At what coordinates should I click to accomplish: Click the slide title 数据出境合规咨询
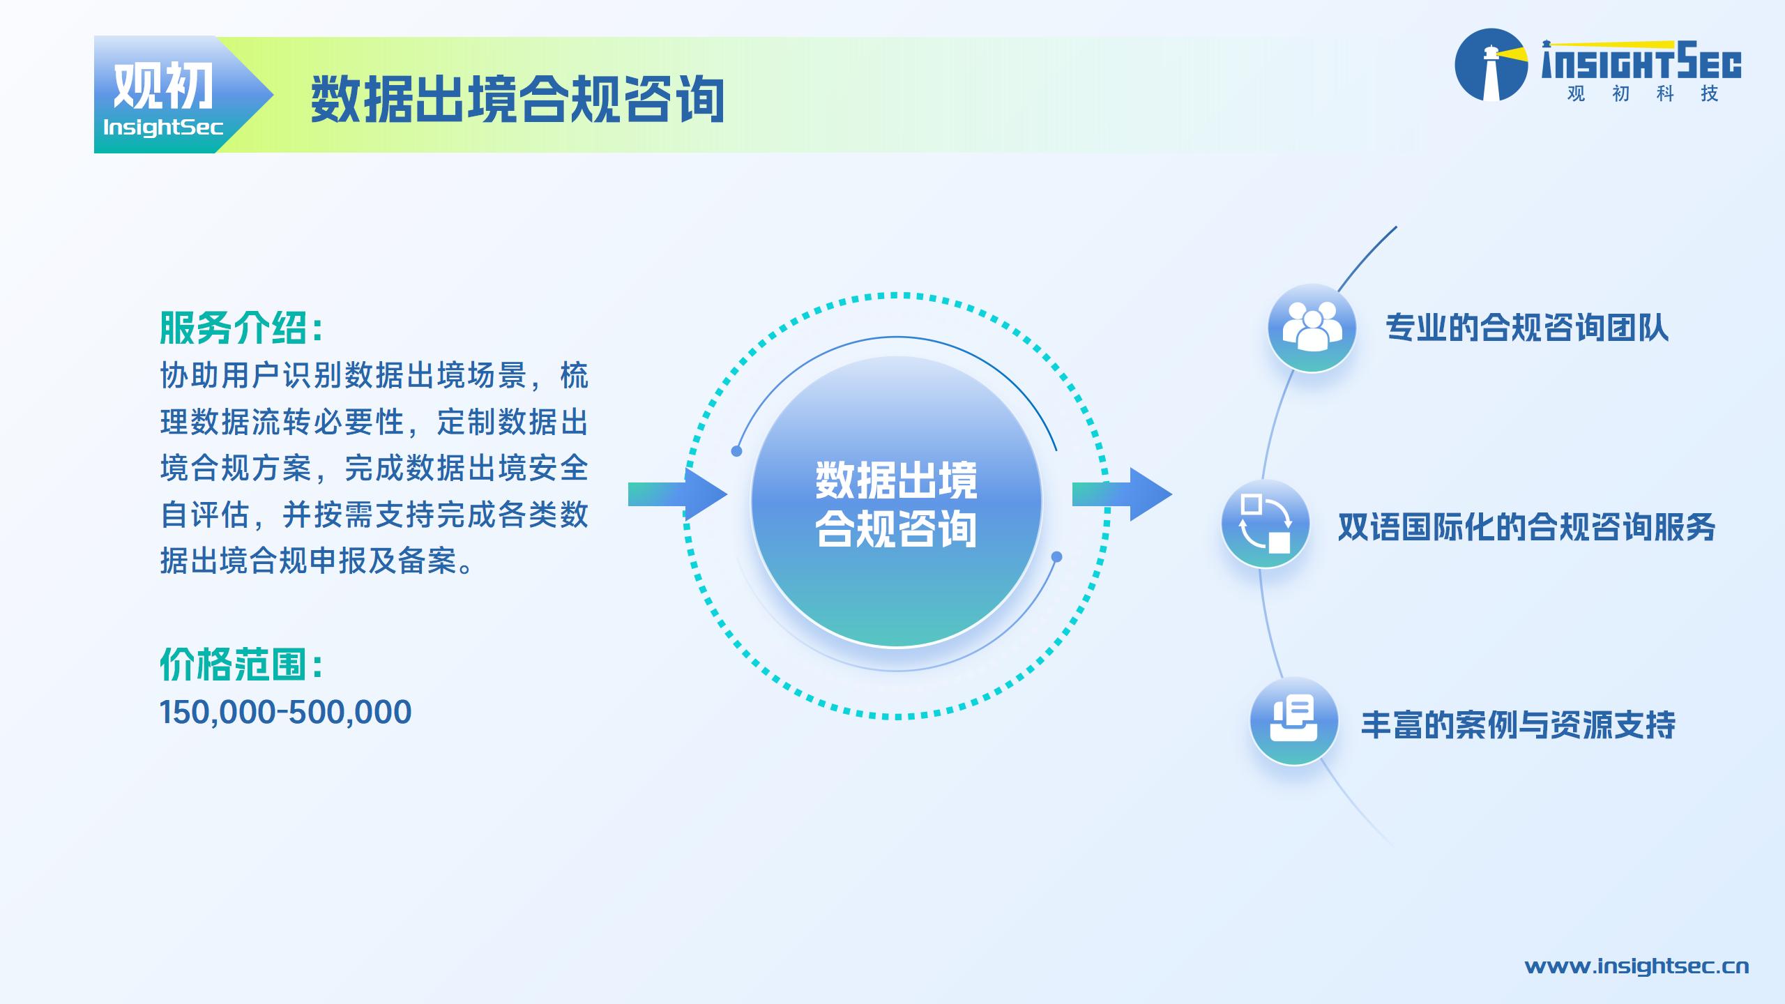(x=517, y=100)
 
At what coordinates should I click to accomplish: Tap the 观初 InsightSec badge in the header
(x=183, y=95)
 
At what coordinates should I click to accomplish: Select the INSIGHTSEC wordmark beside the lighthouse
(x=1641, y=61)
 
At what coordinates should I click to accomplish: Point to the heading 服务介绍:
(x=241, y=328)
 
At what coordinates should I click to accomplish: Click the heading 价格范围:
(x=241, y=664)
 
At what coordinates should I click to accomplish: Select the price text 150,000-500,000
(x=286, y=713)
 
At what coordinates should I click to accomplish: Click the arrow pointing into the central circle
(x=678, y=494)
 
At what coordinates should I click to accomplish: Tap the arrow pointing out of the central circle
(x=1122, y=494)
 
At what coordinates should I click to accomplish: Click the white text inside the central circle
(x=896, y=503)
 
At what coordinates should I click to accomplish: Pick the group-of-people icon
(x=1312, y=328)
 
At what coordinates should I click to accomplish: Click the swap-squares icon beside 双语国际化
(x=1266, y=524)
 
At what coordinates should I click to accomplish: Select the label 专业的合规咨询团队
(x=1527, y=328)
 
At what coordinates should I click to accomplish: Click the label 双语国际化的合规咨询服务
(x=1526, y=527)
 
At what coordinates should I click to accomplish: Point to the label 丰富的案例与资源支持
(x=1518, y=724)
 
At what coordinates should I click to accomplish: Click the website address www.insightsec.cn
(x=1636, y=966)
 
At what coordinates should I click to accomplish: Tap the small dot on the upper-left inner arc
(x=736, y=451)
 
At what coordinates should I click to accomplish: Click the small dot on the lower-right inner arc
(x=1056, y=556)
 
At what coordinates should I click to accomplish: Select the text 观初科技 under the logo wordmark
(x=1642, y=93)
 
